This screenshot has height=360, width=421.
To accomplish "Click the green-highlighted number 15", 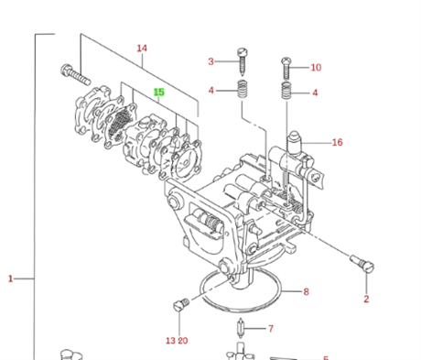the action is pos(159,92).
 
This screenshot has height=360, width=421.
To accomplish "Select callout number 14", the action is pos(142,49).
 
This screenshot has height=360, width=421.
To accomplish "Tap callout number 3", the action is pos(210,61).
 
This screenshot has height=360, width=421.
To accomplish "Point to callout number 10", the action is pos(316,68).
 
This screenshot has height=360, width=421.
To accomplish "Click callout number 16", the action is pos(337,142).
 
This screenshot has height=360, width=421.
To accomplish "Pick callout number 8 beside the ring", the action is pos(306,292).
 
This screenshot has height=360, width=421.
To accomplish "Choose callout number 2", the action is pos(366,299).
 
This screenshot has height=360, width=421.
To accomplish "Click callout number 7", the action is pos(271,329).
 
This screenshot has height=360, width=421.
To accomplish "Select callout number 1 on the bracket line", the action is pos(10,278).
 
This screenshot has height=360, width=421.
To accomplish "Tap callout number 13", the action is pos(170,341).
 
